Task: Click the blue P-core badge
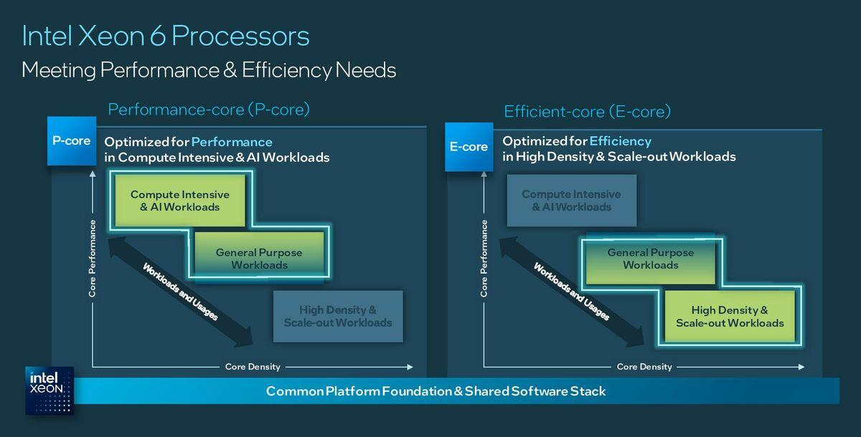(72, 140)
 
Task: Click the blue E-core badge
(469, 147)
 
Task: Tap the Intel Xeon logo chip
(50, 390)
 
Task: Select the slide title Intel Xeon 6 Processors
(166, 36)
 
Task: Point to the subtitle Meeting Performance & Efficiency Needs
(209, 70)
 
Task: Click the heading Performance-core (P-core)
(209, 110)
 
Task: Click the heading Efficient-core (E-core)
(587, 112)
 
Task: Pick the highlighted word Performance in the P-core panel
(232, 142)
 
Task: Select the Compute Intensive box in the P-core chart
(180, 201)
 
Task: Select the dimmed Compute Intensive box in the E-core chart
(571, 201)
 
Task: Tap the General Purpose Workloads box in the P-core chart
(259, 259)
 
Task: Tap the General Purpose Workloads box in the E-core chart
(650, 259)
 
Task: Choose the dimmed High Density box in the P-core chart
(338, 317)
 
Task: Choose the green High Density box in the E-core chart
(730, 317)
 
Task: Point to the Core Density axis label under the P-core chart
(253, 367)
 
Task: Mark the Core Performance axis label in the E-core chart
(484, 258)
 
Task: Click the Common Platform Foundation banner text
(436, 391)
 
